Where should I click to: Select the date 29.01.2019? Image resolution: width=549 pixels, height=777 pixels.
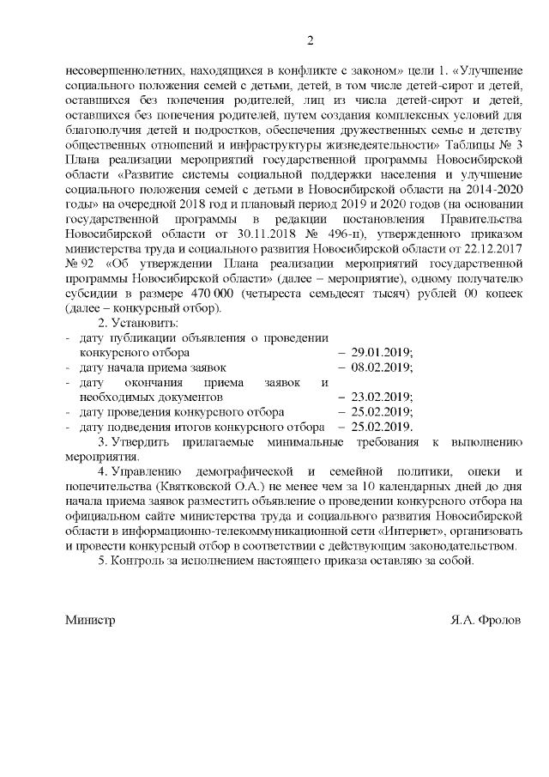tap(382, 352)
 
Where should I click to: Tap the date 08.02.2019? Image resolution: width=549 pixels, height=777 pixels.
tap(382, 367)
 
